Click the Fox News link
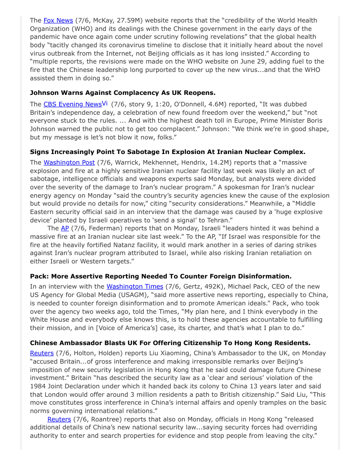(58, 20)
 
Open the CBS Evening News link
(72, 104)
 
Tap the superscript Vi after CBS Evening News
(105, 103)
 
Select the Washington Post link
(69, 162)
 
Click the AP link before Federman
(65, 228)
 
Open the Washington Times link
(135, 286)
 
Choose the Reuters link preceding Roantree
(59, 419)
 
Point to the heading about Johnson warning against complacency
(123, 93)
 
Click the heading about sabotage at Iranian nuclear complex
(168, 151)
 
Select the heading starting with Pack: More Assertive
(161, 276)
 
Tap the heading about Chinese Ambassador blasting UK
(170, 343)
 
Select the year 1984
(38, 386)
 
